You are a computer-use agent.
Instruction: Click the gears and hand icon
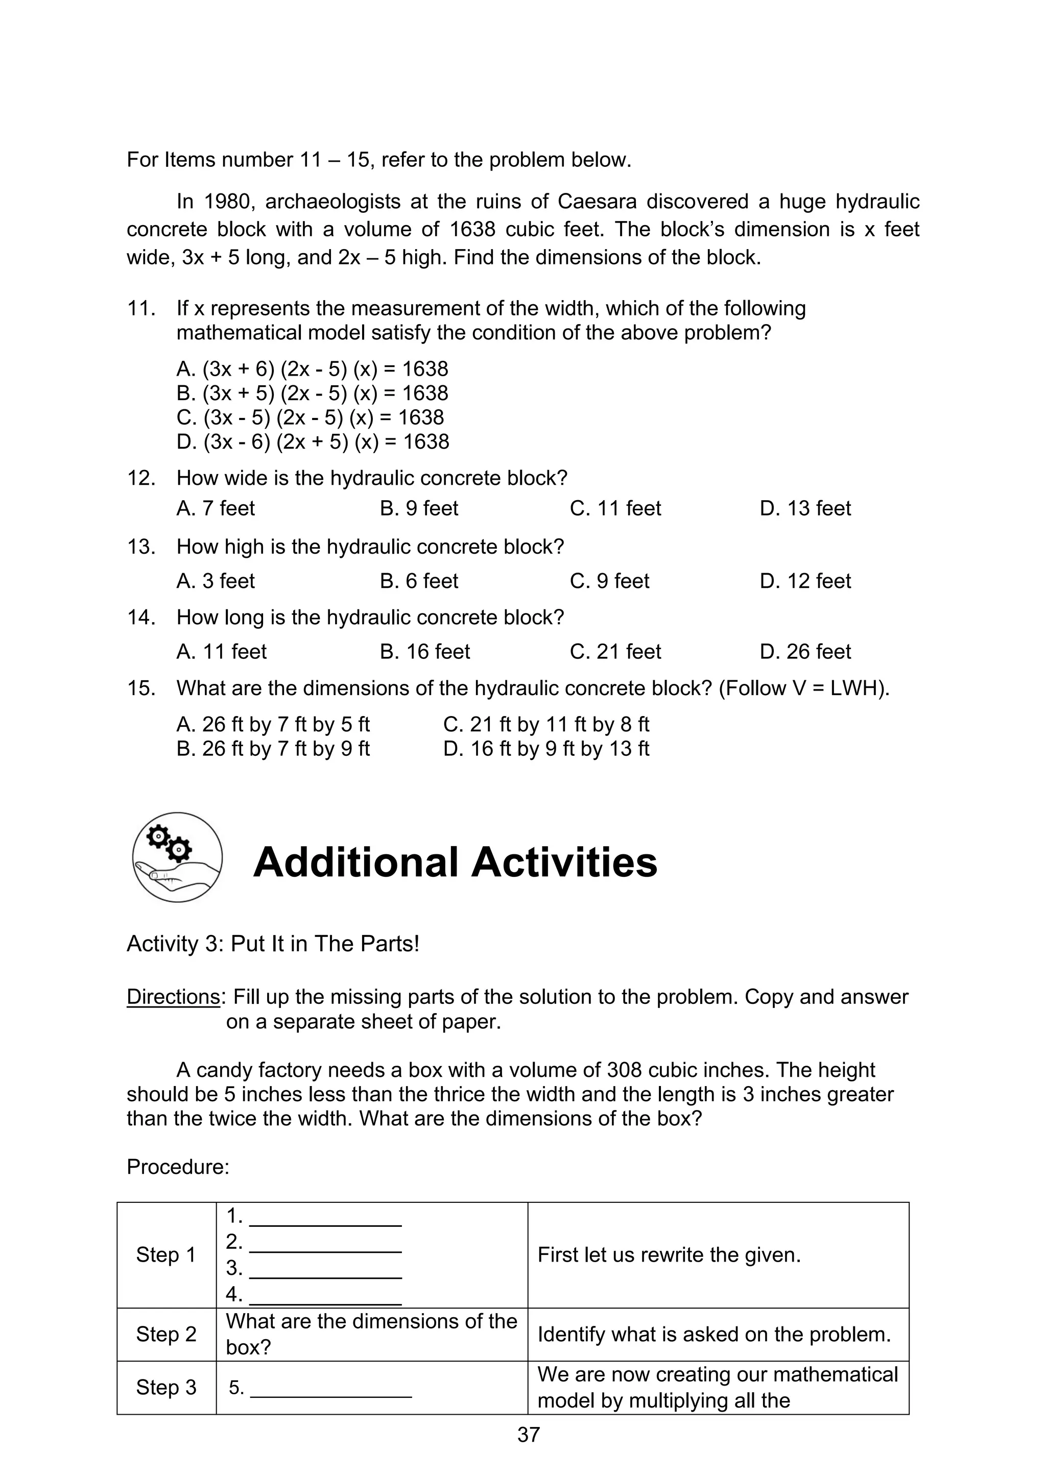[177, 857]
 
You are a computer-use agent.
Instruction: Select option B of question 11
[313, 393]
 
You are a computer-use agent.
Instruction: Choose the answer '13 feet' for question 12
[805, 508]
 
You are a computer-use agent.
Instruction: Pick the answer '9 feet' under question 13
[610, 581]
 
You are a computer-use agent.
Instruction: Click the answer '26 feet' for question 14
[805, 651]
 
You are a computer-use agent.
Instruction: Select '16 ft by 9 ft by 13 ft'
[546, 749]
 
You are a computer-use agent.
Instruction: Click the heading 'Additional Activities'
[455, 862]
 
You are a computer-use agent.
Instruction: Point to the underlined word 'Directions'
[173, 997]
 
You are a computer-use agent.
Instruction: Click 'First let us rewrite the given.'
[669, 1255]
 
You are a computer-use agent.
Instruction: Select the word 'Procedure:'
[178, 1167]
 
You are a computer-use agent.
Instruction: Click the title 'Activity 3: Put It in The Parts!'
[273, 944]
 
